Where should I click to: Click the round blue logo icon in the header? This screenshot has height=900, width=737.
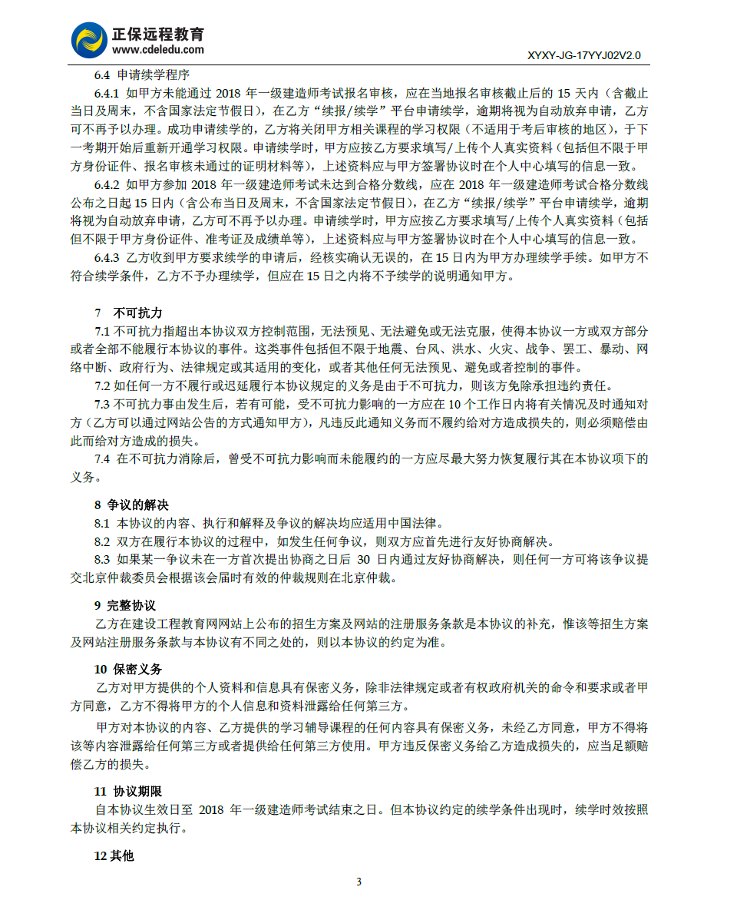point(89,39)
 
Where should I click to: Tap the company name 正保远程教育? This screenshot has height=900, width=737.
point(158,34)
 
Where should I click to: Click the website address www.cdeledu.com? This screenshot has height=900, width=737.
point(158,50)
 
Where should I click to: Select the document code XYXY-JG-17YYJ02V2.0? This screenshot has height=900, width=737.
point(584,56)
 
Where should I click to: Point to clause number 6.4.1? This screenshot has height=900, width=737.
point(108,94)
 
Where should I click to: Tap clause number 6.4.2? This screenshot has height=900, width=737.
point(108,184)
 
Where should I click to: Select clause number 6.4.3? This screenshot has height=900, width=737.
point(108,257)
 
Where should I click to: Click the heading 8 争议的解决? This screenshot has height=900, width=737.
point(131,505)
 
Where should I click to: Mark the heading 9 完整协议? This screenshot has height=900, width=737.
point(125,606)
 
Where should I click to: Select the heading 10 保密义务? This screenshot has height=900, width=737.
point(128,669)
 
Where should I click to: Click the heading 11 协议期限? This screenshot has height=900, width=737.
point(128,791)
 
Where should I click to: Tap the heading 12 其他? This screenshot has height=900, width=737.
point(114,855)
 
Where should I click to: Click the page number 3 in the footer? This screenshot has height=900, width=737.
point(359,880)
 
